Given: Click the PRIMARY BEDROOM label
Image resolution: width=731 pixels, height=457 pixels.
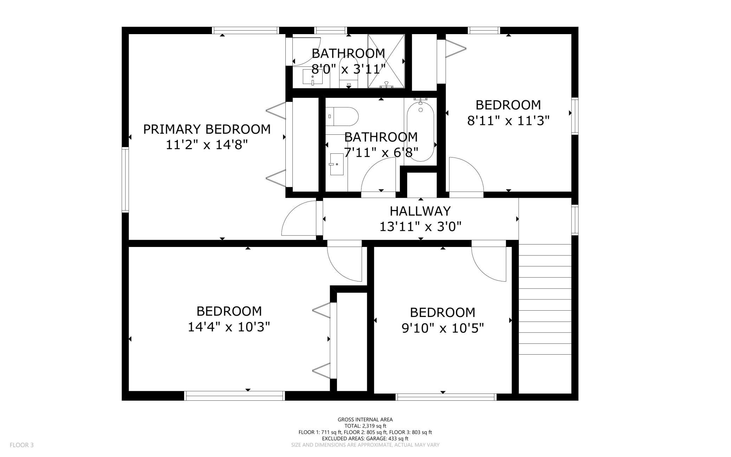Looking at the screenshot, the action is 207,129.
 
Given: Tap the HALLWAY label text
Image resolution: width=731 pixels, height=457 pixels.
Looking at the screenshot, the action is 420,211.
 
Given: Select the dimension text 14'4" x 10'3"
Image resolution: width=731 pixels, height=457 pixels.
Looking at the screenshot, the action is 229,327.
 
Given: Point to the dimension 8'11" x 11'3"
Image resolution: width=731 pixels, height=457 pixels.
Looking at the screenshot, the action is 508,121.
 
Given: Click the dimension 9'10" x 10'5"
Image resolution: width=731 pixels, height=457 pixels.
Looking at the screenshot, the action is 443,329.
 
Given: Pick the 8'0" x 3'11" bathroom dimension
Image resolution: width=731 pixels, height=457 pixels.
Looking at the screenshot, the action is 349,69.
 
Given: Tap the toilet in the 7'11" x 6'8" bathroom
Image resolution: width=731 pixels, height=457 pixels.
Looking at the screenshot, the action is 342,116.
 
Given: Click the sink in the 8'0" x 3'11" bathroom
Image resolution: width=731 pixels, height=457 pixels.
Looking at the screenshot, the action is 312,77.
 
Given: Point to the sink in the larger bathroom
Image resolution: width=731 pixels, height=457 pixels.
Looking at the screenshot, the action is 337,164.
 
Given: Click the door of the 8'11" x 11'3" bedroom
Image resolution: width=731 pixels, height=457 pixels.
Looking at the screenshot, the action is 466,174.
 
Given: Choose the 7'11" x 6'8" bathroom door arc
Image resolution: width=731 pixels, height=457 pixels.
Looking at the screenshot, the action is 379,174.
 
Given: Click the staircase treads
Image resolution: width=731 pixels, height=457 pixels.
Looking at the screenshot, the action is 545,299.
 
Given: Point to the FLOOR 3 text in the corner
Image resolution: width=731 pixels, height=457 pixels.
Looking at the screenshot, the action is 21,445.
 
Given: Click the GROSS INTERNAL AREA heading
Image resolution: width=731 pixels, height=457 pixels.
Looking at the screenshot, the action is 365,419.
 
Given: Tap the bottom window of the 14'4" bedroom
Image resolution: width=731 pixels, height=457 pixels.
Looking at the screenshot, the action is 234,396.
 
